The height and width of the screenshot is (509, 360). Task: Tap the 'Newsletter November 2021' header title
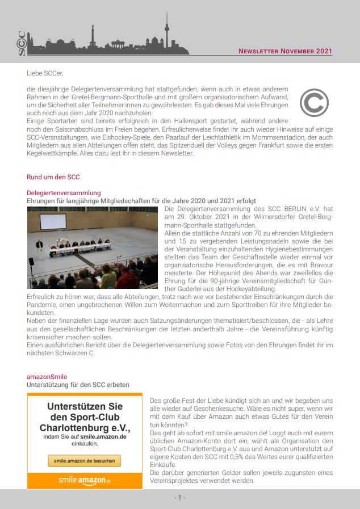[285, 51]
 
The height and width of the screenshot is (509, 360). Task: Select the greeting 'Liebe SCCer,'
[45, 73]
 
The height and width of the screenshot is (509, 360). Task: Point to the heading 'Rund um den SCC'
[53, 177]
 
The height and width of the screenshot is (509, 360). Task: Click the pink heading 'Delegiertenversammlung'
[64, 193]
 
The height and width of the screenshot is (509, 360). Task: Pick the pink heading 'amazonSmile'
[48, 377]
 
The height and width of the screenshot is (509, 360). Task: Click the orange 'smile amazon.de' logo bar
[85, 480]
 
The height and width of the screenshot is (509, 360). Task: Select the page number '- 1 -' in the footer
[179, 498]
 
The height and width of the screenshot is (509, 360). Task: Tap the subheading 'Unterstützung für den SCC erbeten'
[78, 385]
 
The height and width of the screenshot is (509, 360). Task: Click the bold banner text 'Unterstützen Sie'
[85, 407]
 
